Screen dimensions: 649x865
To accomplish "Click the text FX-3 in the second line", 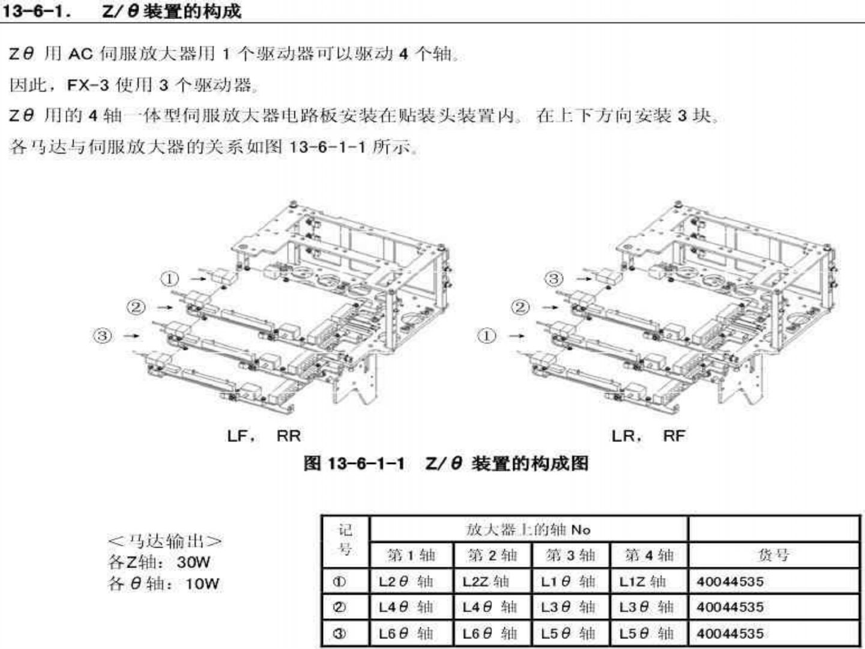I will [88, 85].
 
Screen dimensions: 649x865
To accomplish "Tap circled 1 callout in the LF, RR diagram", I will [170, 279].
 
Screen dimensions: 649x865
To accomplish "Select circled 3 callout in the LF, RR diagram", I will [102, 335].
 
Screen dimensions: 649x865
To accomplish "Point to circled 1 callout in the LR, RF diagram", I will [486, 335].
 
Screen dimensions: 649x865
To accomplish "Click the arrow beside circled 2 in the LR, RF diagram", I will [549, 307].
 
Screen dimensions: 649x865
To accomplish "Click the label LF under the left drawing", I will [238, 435].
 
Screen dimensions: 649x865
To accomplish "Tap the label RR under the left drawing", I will [288, 435].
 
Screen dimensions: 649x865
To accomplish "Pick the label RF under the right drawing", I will [674, 435].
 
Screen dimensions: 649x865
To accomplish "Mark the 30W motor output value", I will [193, 563].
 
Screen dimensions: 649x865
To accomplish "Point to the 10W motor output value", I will [202, 584].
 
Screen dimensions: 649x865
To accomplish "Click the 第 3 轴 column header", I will [570, 555].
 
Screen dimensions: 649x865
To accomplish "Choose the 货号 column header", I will [773, 555].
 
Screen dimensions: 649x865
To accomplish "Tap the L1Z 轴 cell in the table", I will [642, 581].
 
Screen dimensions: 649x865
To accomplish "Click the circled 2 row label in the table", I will [339, 607].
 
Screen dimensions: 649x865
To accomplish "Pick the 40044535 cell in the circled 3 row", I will [730, 633].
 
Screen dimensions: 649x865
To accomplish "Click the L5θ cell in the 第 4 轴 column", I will [646, 633].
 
